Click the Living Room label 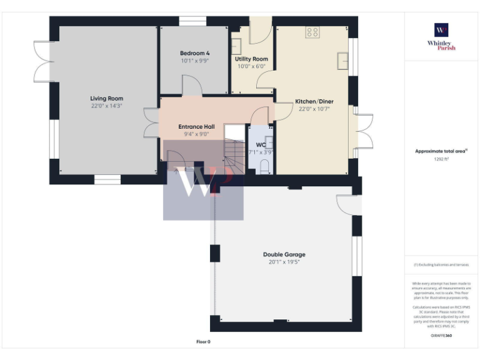(x=106, y=98)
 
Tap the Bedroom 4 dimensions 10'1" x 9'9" (x=194, y=61)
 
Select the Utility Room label (x=251, y=59)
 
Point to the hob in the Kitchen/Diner (x=312, y=32)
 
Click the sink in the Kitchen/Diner (x=342, y=60)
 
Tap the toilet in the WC (x=264, y=166)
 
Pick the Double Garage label (x=284, y=254)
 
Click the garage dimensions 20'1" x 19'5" (x=284, y=262)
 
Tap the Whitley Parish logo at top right (x=441, y=36)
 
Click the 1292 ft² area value (x=441, y=159)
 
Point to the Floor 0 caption (x=203, y=342)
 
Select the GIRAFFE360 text (x=441, y=336)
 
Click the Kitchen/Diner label (x=314, y=101)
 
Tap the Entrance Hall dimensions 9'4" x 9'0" (x=197, y=133)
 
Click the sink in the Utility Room (x=237, y=46)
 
